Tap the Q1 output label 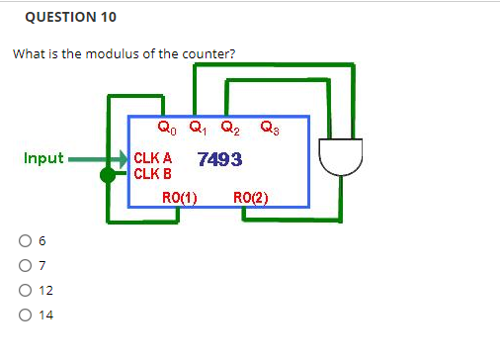[x=199, y=127]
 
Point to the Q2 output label [x=229, y=127]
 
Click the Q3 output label [x=268, y=127]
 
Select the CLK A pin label [x=153, y=158]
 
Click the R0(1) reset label [x=181, y=197]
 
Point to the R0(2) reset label [x=250, y=197]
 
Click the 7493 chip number [x=220, y=159]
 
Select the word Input [x=43, y=158]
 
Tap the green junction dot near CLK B [x=107, y=175]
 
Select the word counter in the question [x=209, y=52]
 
